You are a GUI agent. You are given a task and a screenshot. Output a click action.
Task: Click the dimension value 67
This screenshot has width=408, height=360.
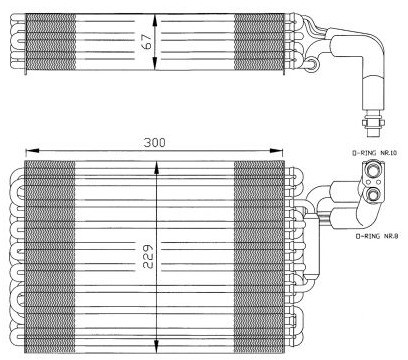pos(147,42)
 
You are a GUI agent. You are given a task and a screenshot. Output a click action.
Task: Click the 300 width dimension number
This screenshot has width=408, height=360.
pos(154,143)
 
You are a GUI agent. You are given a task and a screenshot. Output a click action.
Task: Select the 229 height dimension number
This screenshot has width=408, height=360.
pos(147,256)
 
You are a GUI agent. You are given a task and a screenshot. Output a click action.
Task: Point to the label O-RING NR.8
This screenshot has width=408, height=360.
pos(377,236)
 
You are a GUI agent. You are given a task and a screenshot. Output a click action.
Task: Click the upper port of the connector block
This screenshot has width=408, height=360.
pos(373,170)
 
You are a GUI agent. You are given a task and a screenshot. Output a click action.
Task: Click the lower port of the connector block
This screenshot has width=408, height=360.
pos(373,194)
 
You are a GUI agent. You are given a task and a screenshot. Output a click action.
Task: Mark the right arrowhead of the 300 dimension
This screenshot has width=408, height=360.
pos(276,151)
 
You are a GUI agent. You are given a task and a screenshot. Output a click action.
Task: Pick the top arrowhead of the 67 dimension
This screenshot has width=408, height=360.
pos(155,20)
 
